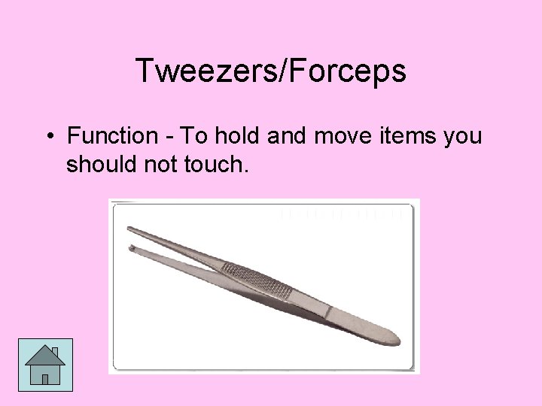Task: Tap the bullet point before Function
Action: point(48,137)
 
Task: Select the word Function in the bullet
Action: point(110,137)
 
